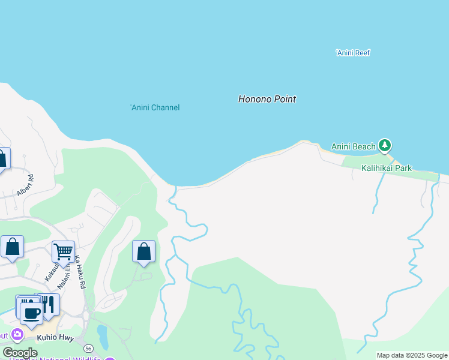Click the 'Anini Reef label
tap(352, 53)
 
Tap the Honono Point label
tap(267, 99)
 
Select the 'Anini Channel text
tap(155, 107)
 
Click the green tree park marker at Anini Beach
tap(385, 146)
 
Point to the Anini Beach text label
tap(354, 146)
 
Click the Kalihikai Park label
tap(387, 168)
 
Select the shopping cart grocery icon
tap(63, 251)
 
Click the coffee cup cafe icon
tap(31, 313)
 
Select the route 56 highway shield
tap(89, 347)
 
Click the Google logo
tap(20, 353)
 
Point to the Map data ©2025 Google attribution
tap(412, 355)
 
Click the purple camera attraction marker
tap(17, 334)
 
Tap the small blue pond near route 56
tap(103, 337)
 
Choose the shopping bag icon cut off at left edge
tap(3, 159)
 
